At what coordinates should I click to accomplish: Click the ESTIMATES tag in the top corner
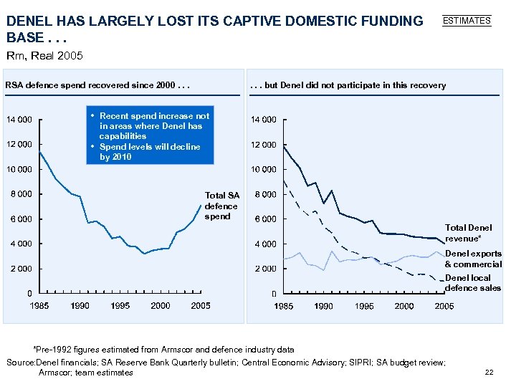(x=467, y=21)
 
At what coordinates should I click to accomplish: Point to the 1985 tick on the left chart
(x=40, y=306)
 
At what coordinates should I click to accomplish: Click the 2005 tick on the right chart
(x=445, y=306)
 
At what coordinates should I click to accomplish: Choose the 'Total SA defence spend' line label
(x=222, y=206)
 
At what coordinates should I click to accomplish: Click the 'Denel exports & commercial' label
(x=473, y=259)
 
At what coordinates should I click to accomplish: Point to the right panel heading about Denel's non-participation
(x=348, y=85)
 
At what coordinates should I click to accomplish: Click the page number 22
(x=490, y=371)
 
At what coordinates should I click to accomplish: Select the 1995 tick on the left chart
(x=120, y=306)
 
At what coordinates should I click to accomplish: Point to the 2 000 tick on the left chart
(x=21, y=269)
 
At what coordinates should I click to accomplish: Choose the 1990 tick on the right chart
(x=324, y=306)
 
